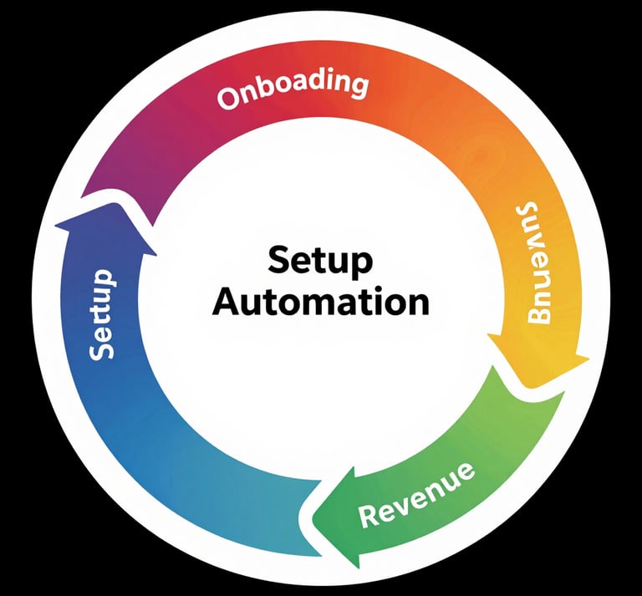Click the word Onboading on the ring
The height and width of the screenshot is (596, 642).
293,90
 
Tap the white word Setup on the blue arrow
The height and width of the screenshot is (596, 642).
102,314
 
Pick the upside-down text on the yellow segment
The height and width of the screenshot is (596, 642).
543,262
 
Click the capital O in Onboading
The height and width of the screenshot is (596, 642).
227,99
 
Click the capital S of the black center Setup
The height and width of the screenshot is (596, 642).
278,262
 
